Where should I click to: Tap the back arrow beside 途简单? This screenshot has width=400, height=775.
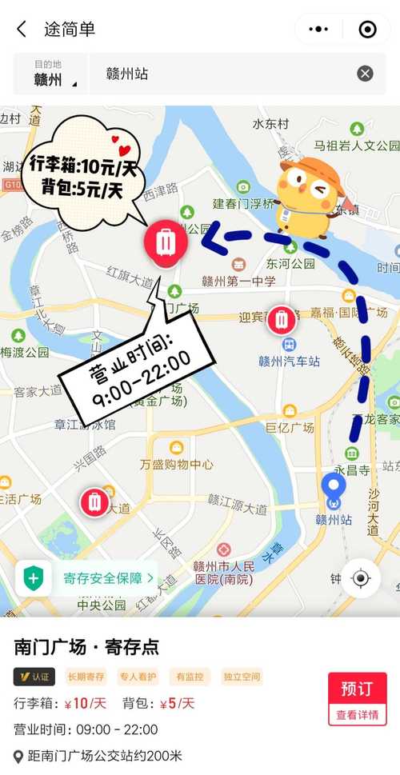click(x=22, y=30)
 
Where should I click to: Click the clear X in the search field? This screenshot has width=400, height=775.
click(x=365, y=74)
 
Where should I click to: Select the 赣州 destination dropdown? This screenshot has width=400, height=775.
click(x=50, y=74)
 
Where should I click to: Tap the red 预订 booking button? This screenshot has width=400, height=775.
click(x=357, y=689)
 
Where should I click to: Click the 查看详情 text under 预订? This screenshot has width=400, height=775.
click(x=357, y=714)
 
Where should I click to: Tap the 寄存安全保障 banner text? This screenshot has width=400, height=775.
click(x=104, y=577)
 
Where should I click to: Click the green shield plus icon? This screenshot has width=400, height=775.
click(x=33, y=577)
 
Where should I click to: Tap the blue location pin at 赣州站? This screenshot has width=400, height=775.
click(x=333, y=489)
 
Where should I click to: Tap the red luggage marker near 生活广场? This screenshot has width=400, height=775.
click(x=94, y=501)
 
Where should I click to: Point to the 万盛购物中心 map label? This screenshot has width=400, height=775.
click(x=176, y=464)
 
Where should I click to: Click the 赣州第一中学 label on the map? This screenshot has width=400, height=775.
click(x=238, y=281)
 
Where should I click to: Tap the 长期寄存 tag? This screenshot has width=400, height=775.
click(x=86, y=677)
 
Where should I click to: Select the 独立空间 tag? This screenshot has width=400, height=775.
click(x=242, y=677)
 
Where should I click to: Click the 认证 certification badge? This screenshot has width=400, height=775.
click(x=34, y=677)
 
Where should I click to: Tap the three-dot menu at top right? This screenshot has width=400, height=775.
click(x=318, y=30)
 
